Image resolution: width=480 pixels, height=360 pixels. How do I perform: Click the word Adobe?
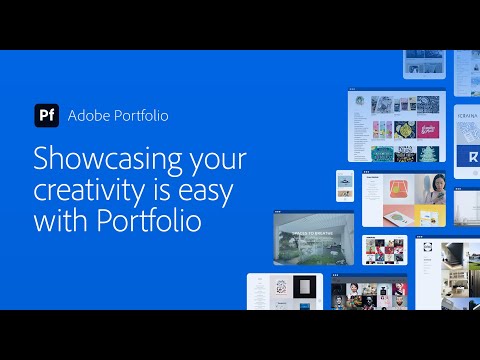pyautogui.click(x=88, y=115)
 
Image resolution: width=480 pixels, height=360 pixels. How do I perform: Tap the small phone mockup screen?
pyautogui.click(x=344, y=185)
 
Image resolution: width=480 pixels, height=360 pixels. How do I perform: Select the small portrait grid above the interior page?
pyautogui.click(x=383, y=250)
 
